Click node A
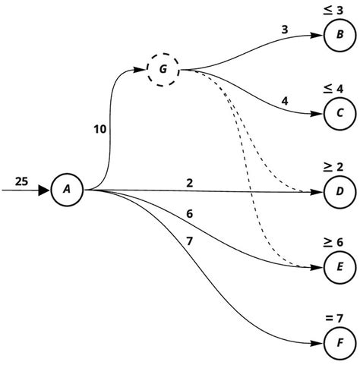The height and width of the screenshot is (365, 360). pyautogui.click(x=67, y=190)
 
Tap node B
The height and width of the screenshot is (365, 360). pyautogui.click(x=338, y=36)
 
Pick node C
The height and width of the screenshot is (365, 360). pyautogui.click(x=338, y=114)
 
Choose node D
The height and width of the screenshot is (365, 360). pyautogui.click(x=338, y=190)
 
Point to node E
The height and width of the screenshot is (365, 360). pyautogui.click(x=338, y=267)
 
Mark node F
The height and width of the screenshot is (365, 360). pyautogui.click(x=338, y=344)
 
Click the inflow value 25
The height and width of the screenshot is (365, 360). pyautogui.click(x=22, y=181)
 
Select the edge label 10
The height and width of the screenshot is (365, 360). pyautogui.click(x=100, y=130)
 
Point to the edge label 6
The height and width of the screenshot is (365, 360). pyautogui.click(x=190, y=214)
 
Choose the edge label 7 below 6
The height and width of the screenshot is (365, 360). pyautogui.click(x=190, y=241)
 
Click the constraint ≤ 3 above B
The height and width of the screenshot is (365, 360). pyautogui.click(x=338, y=10)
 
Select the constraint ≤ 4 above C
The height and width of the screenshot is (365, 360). pyautogui.click(x=338, y=89)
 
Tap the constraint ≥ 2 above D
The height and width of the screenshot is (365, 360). pyautogui.click(x=338, y=165)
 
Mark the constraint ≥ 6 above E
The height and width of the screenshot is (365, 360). pyautogui.click(x=338, y=241)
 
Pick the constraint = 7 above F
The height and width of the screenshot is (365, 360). pyautogui.click(x=338, y=317)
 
